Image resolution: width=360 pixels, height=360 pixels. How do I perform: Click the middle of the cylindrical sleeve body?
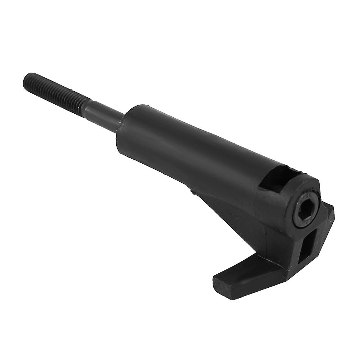[x=187, y=147]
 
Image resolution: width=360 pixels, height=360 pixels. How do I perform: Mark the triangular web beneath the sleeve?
[x=230, y=216]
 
